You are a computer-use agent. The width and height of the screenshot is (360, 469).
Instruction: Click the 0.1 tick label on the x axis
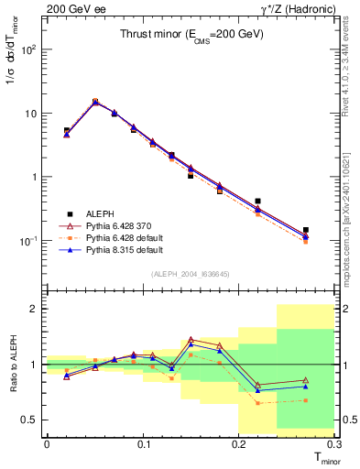coord(143,444)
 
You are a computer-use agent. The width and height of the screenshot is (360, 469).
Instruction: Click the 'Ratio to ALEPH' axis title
coord(12,365)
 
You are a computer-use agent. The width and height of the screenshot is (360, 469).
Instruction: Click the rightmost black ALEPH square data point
coord(306,230)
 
